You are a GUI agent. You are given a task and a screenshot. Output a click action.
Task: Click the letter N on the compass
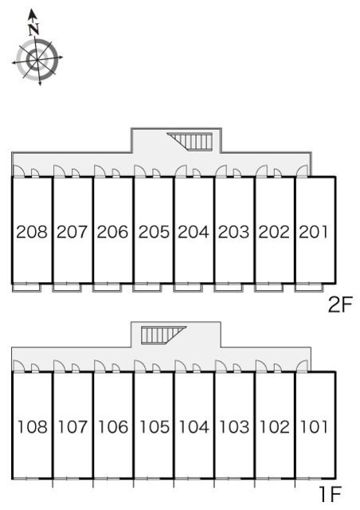coord(33,29)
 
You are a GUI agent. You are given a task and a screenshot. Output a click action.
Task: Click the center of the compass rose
coord(36,60)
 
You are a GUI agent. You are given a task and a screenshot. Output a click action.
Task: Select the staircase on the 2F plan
coord(190,141)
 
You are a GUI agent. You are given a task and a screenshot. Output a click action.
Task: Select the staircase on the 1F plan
coord(163,335)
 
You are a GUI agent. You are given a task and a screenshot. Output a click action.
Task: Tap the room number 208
coord(32,232)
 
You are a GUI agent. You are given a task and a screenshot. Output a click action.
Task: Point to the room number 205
coord(154,232)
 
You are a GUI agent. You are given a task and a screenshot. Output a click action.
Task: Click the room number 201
coord(314,232)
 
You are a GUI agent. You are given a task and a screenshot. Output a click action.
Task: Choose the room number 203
coord(233,232)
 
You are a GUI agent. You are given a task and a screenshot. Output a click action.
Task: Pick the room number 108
coord(32,427)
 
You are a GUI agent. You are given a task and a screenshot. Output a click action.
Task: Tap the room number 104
coord(194,427)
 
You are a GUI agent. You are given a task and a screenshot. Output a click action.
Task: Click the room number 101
coord(314,427)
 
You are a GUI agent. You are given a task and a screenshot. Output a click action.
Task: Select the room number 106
coord(113,427)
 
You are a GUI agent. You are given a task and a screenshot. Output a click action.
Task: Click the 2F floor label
coord(340,305)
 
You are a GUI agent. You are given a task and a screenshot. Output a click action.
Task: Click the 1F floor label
coord(330,494)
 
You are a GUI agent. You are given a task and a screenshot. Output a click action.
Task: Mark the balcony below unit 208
coord(26,288)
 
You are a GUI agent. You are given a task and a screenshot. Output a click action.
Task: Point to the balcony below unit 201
coord(309,288)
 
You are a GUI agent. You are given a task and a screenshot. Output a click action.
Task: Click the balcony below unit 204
coord(188,288)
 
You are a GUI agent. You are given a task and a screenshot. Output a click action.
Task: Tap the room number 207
coord(72,232)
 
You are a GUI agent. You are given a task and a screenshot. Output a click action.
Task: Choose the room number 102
coord(274,427)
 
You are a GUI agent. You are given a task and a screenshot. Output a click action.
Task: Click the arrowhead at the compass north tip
coord(32,14)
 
